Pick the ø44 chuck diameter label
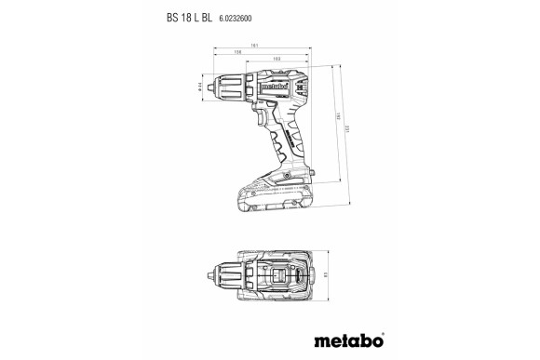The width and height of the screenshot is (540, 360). (x=199, y=87)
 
